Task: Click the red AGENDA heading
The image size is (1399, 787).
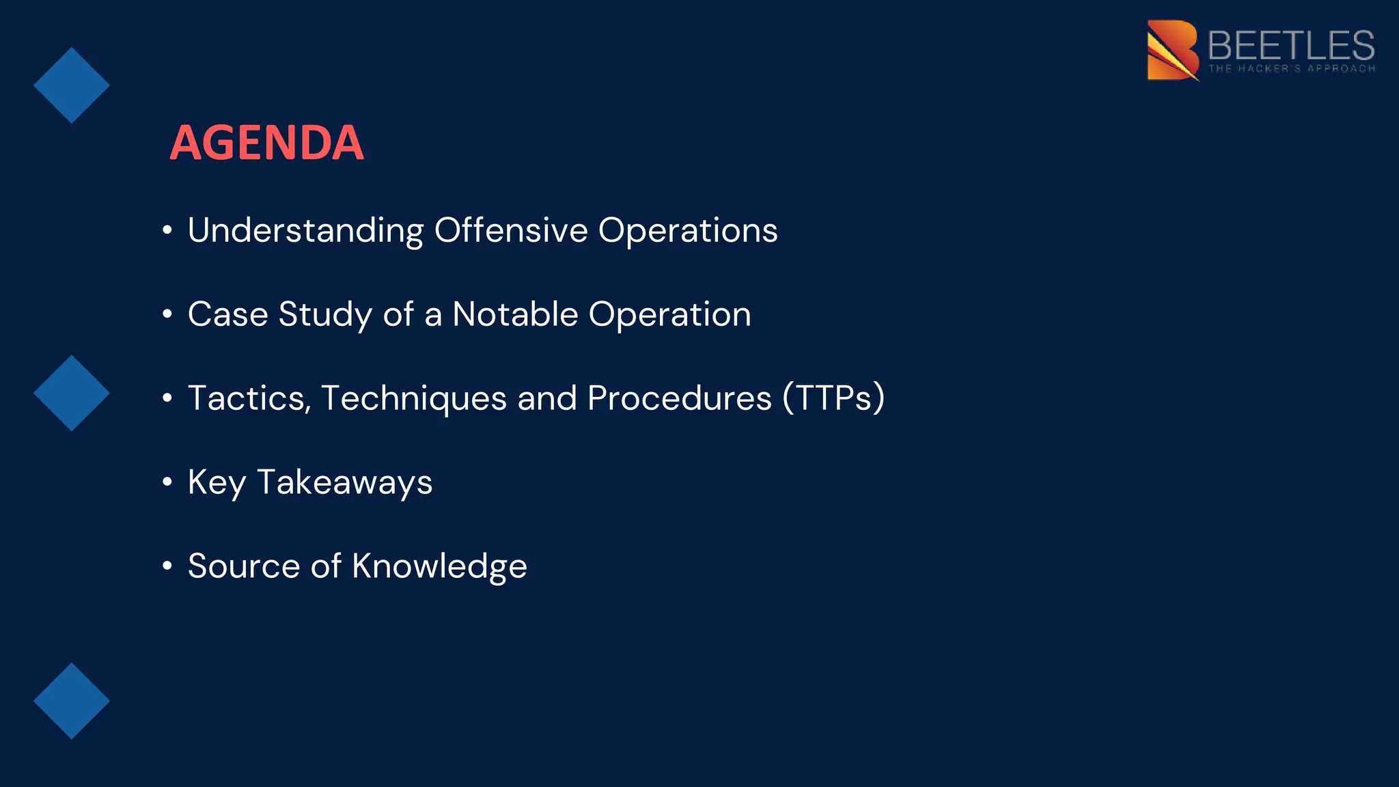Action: [266, 143]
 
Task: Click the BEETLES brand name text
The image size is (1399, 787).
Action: [1290, 45]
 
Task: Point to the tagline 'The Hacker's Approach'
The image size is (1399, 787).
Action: [1292, 68]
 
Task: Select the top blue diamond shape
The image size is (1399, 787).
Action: [72, 85]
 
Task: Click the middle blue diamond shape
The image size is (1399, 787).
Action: [72, 393]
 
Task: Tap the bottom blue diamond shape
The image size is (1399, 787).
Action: [72, 700]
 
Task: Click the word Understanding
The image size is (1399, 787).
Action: [305, 230]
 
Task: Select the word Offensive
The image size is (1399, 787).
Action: [511, 230]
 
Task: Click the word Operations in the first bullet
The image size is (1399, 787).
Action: [688, 230]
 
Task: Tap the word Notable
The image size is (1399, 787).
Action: [515, 314]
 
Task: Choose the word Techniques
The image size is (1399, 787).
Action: [414, 398]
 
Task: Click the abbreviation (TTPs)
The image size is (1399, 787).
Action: [833, 398]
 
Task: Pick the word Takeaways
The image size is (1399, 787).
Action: [344, 482]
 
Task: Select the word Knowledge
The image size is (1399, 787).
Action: [439, 566]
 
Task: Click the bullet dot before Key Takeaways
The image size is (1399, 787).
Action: [167, 482]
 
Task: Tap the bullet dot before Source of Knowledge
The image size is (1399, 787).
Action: [167, 566]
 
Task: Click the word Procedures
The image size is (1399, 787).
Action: [679, 398]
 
